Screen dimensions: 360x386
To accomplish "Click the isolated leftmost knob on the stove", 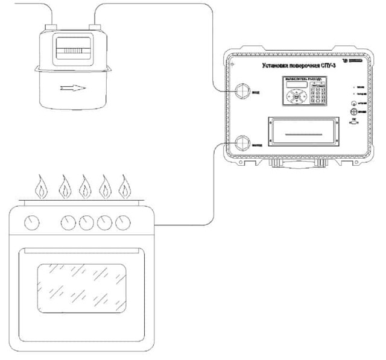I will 30,223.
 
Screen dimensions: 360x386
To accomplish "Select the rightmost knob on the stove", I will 124,223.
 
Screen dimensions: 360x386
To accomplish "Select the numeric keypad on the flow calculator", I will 318,95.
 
